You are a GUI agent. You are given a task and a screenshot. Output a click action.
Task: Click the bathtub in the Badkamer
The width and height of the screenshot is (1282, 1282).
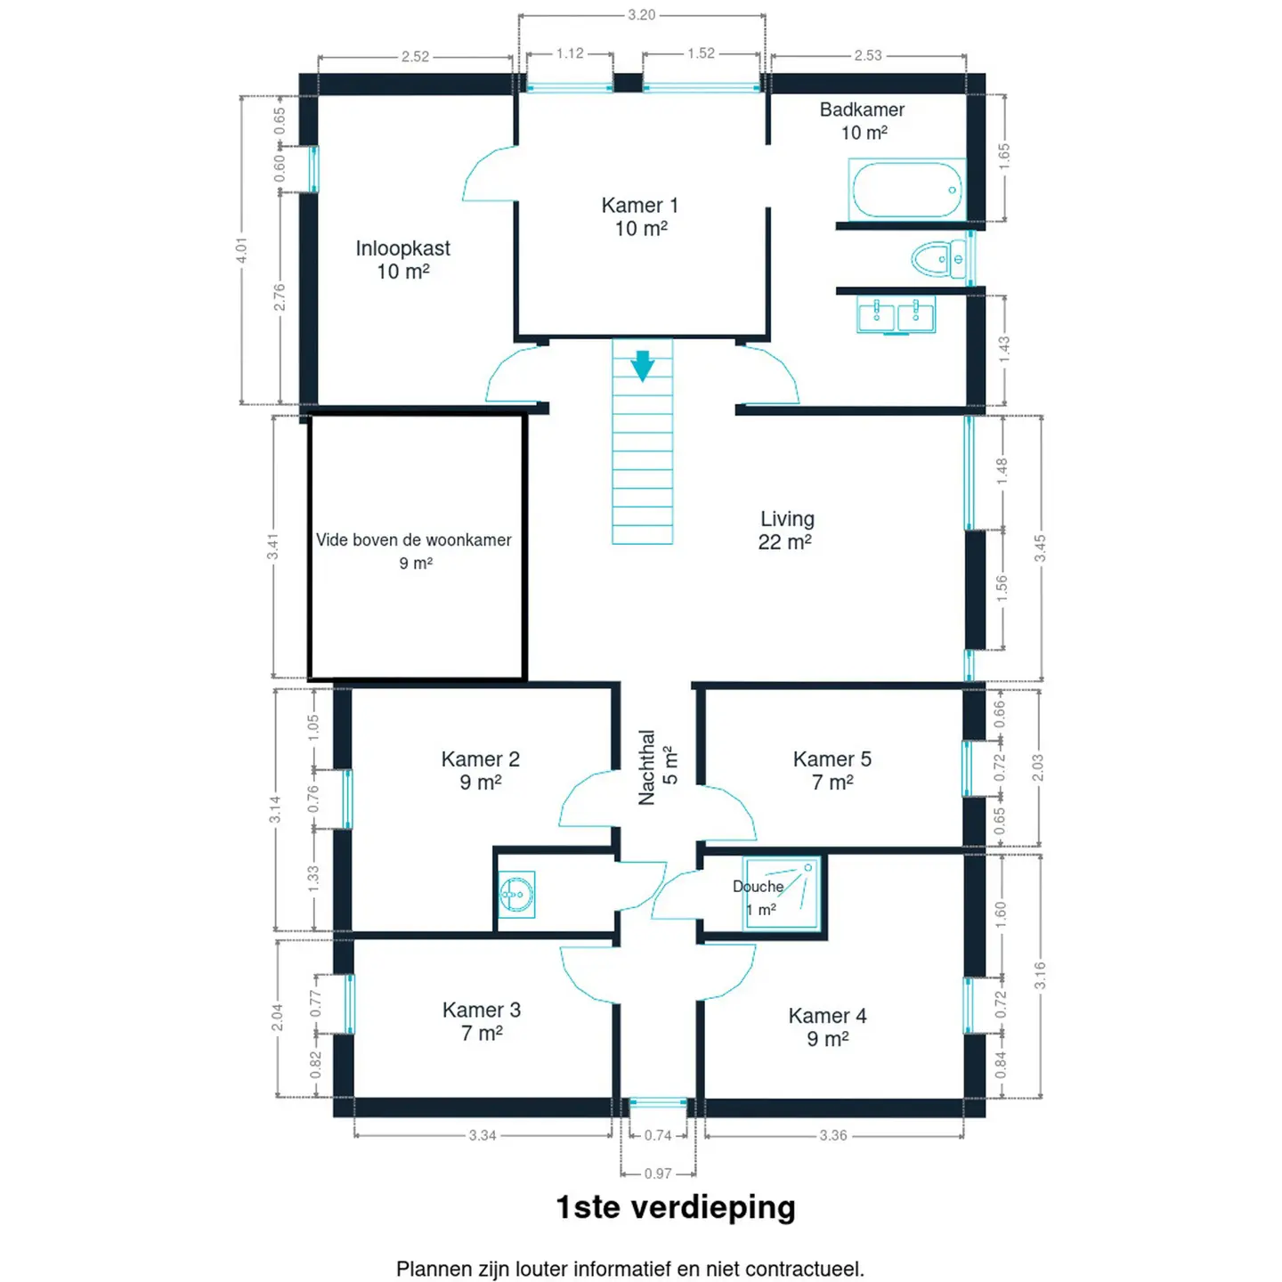pos(907,190)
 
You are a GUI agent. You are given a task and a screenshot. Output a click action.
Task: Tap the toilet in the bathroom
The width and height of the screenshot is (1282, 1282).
pos(939,258)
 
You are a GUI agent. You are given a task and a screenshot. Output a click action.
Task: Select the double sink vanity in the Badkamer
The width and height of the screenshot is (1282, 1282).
pos(896,314)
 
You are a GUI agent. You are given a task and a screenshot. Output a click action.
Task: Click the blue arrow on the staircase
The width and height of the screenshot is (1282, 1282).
pos(642,366)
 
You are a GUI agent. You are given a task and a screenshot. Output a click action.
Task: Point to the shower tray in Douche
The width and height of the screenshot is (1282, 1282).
pos(782,894)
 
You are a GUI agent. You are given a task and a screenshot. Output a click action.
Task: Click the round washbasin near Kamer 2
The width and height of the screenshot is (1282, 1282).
pos(516,894)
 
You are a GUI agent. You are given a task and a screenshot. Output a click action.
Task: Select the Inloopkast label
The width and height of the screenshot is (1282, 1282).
pos(402,248)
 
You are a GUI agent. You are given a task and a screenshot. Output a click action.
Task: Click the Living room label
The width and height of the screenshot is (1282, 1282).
pos(787,518)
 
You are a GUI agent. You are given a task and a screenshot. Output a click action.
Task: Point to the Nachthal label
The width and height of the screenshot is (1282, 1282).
pos(646,767)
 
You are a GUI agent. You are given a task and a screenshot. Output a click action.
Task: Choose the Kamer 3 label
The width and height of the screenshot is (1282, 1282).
pos(482,1010)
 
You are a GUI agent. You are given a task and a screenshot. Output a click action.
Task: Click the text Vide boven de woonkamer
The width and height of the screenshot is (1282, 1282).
pos(413,540)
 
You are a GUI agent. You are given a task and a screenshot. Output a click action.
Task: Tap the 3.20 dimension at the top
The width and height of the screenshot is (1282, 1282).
pos(641,14)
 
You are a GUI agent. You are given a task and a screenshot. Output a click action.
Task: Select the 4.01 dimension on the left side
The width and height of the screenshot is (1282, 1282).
pos(241,249)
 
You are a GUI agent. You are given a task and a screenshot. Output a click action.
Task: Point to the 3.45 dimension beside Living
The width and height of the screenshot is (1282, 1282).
pos(1040,548)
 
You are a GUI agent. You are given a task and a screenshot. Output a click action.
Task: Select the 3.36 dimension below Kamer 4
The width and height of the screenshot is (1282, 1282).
pos(833,1135)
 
